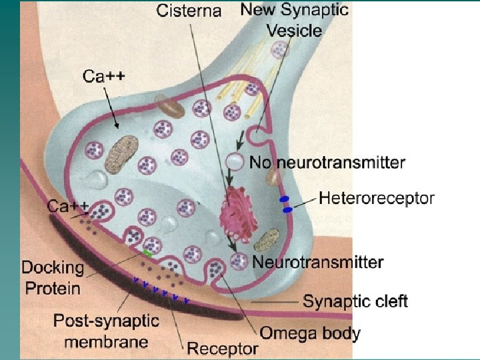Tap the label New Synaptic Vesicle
pos(294,20)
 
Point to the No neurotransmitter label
pos(327,162)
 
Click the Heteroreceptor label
pos(377,197)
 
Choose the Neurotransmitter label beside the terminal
pos(318,262)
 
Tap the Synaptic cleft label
pos(355,301)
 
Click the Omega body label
pos(310,332)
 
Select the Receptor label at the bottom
pos(222,348)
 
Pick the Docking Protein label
pos(53,278)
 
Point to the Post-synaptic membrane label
pos(106,331)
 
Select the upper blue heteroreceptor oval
pos(283,199)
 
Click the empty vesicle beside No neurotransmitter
pos(233,161)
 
